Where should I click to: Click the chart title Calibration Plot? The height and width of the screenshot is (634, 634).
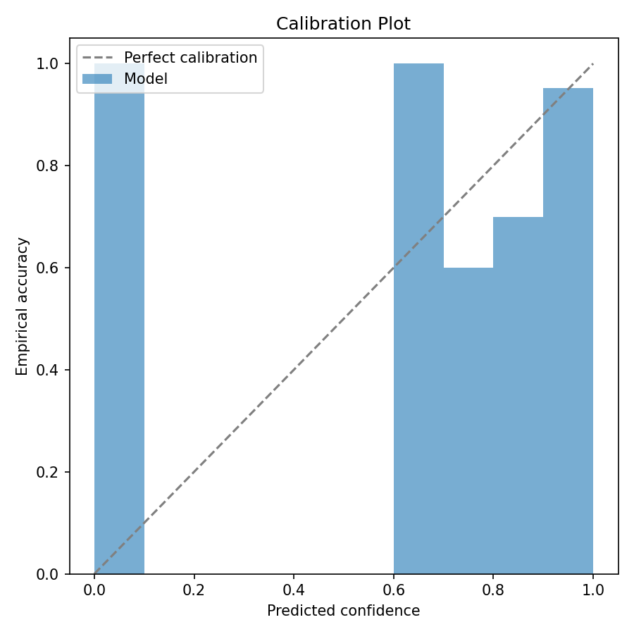click(343, 24)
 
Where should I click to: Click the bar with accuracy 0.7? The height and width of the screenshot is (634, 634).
click(518, 395)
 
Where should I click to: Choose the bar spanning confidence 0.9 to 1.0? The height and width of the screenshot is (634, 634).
click(568, 331)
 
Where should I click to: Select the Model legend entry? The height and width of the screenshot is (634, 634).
click(146, 79)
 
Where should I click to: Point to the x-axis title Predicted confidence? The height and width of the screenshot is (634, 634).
click(343, 611)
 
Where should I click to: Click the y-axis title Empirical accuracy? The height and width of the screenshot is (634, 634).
click(23, 306)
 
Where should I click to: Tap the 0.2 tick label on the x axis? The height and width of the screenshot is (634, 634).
click(194, 592)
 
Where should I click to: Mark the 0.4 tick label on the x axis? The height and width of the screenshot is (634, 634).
click(294, 592)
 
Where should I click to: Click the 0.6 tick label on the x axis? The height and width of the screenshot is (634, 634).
click(394, 592)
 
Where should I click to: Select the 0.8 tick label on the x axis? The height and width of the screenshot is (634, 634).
click(493, 592)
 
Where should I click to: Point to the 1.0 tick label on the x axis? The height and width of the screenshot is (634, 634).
click(593, 592)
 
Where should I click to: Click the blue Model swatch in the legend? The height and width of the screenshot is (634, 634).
click(97, 79)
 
